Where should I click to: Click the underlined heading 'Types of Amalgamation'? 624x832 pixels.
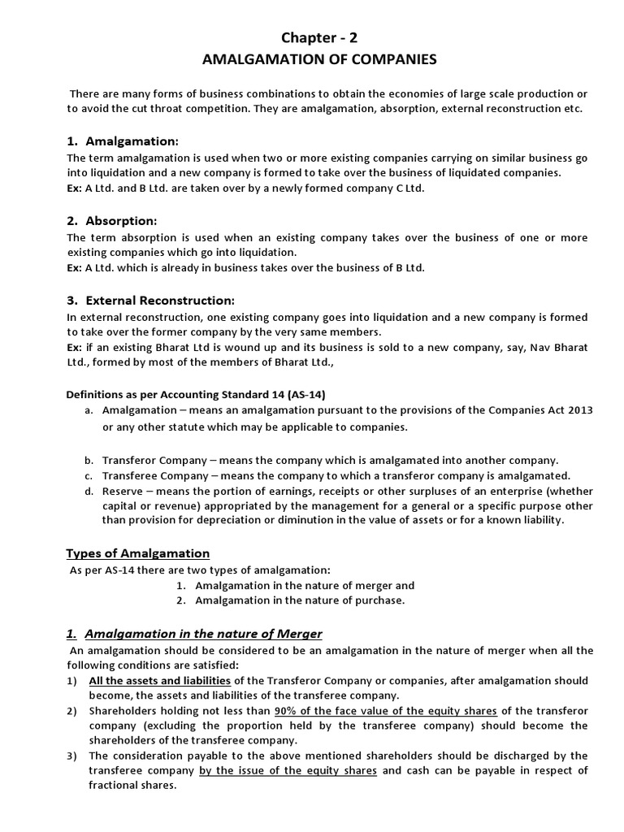[x=137, y=553]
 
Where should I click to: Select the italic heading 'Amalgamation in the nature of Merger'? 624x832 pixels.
[x=203, y=634]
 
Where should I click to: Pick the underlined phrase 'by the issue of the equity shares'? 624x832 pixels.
[x=288, y=770]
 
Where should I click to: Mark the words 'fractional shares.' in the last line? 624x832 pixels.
[x=132, y=786]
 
